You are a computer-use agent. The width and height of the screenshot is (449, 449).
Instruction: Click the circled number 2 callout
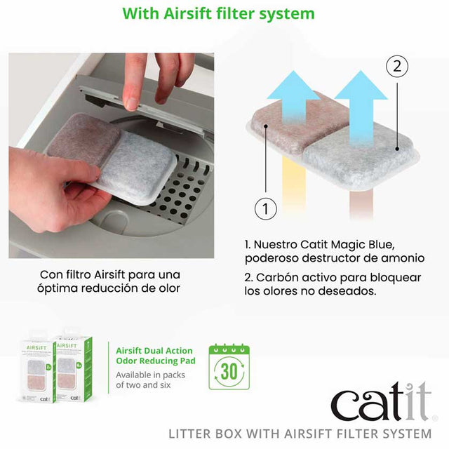tap(397, 66)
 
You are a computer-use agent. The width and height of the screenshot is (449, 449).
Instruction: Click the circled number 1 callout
tap(266, 208)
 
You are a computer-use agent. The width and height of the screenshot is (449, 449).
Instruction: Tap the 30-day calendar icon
tap(229, 366)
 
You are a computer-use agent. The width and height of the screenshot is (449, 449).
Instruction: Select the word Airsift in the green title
tap(187, 13)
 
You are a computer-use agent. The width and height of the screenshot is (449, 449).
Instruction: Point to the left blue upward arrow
tap(293, 98)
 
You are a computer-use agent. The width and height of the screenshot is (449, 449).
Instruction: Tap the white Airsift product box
tap(38, 372)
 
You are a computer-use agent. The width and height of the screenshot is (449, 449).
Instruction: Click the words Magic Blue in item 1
tap(363, 245)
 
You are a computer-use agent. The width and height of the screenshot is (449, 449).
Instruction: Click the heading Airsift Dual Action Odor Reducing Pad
tap(156, 356)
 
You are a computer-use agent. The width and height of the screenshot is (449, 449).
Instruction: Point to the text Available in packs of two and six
tap(150, 380)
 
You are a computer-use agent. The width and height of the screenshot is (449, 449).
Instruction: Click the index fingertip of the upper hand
tap(132, 104)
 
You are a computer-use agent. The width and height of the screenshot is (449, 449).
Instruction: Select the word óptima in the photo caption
tap(54, 288)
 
